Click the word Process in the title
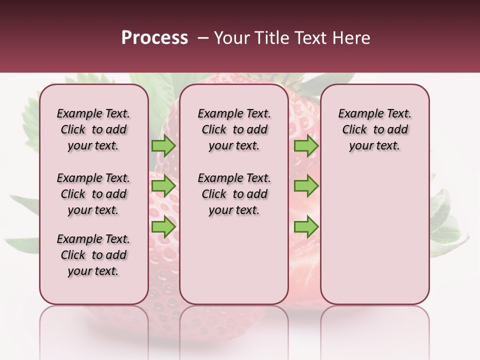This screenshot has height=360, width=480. click(154, 38)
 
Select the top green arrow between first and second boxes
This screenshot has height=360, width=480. click(163, 146)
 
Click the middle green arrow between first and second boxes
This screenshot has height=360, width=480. click(163, 186)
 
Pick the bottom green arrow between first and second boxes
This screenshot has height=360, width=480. click(163, 226)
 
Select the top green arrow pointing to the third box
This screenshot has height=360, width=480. click(306, 146)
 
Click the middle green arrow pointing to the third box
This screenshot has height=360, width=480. click(306, 186)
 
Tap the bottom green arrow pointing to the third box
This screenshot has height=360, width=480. click(306, 226)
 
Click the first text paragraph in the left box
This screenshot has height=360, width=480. click(93, 129)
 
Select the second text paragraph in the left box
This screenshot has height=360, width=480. click(93, 194)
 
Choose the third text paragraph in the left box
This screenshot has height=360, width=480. click(93, 255)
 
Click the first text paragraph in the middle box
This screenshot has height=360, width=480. click(234, 129)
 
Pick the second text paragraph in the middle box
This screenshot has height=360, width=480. click(234, 194)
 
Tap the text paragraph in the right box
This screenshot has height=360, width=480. click(374, 129)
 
